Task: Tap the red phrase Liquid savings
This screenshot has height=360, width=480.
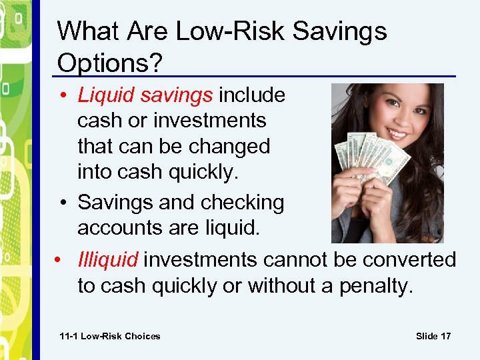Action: [x=145, y=95]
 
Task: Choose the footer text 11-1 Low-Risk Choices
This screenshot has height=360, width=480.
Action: [x=110, y=336]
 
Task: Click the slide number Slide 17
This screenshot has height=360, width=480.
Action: [x=433, y=336]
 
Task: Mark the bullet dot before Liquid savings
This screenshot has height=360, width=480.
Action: [x=69, y=96]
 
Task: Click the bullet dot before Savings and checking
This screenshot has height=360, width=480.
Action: [x=69, y=203]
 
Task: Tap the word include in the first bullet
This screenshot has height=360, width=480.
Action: [x=252, y=95]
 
